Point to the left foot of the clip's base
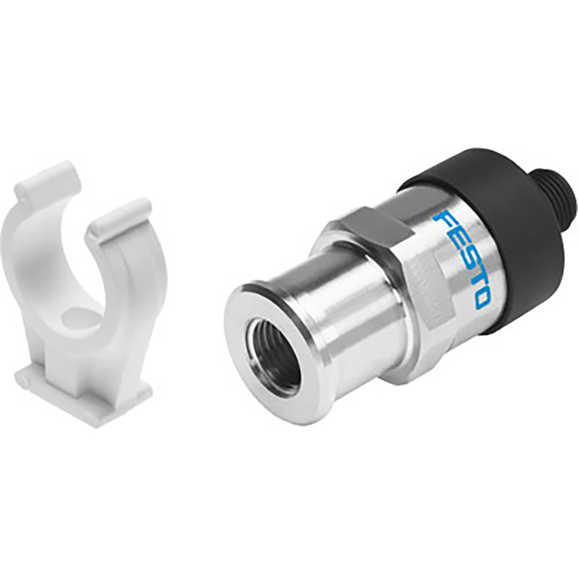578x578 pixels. [x=33, y=379]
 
